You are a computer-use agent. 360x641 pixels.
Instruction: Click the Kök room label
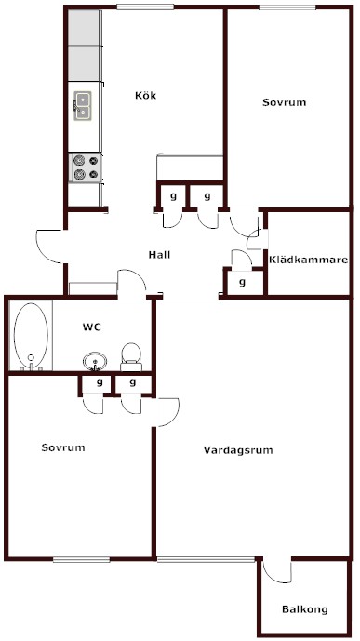tap(145, 96)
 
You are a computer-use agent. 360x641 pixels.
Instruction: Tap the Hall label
tap(159, 255)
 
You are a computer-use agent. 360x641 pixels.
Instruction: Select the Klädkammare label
tap(309, 260)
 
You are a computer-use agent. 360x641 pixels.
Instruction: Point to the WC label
tap(92, 327)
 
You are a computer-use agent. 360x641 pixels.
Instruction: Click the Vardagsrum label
tap(238, 450)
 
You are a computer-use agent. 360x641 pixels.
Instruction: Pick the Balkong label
tap(305, 609)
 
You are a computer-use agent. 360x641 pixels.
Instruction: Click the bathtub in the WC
tap(31, 336)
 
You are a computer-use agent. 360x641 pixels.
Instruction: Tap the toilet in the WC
tap(131, 357)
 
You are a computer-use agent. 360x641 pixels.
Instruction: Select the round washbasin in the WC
tap(95, 361)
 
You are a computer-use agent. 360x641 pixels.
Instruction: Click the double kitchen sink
tap(83, 106)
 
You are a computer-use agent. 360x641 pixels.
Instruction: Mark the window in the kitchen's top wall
tap(145, 7)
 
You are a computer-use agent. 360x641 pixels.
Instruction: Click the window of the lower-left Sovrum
tap(81, 560)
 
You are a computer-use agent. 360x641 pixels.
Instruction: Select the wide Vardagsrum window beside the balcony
tap(206, 560)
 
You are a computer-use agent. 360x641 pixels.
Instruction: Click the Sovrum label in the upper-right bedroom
tap(285, 102)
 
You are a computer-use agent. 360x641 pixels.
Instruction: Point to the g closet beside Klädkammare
tap(242, 282)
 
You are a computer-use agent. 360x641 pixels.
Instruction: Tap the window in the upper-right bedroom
tap(287, 7)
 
